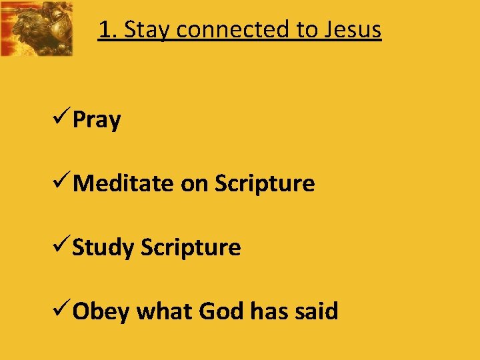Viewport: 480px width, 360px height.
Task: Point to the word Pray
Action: [x=97, y=121]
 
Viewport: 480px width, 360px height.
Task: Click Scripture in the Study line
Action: [x=191, y=248]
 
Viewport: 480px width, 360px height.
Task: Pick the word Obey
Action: [x=101, y=311]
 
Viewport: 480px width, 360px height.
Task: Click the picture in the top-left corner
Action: [x=37, y=28]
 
